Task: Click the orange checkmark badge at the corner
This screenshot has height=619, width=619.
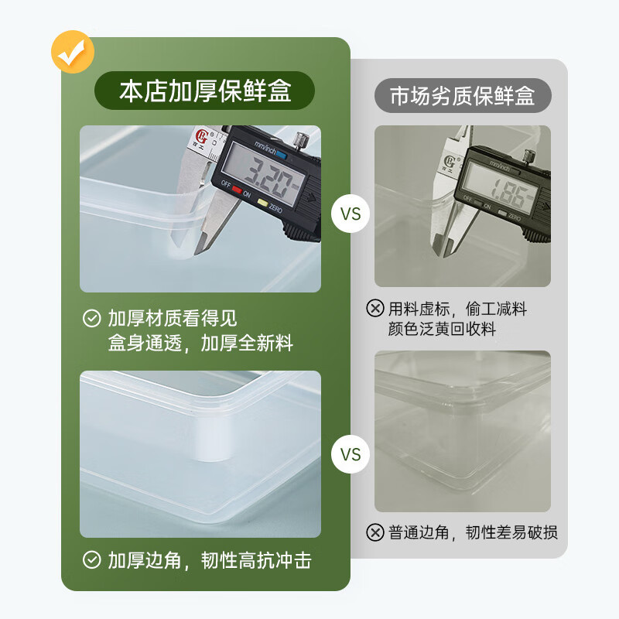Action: [x=73, y=51]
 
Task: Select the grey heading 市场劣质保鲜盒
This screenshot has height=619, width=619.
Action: [x=463, y=97]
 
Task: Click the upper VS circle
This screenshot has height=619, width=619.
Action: [x=351, y=214]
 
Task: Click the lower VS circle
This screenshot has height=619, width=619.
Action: [x=351, y=454]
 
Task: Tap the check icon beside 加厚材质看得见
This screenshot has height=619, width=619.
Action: [x=92, y=318]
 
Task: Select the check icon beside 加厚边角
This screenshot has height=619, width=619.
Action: [x=92, y=560]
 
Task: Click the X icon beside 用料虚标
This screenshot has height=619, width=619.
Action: [x=375, y=309]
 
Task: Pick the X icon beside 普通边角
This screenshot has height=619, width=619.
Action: [x=375, y=532]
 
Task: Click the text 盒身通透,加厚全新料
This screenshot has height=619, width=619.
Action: [x=200, y=344]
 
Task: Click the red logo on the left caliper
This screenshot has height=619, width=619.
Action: [x=203, y=139]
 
